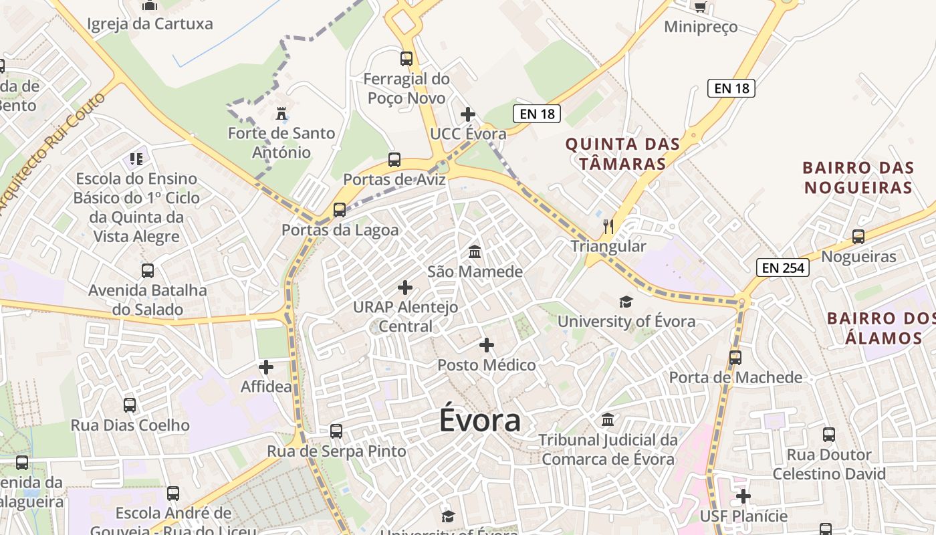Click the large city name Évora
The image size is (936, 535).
(480, 421)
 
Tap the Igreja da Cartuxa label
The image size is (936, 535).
(150, 24)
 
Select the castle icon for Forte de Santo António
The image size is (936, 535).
(281, 112)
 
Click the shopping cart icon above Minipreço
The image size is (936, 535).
(700, 7)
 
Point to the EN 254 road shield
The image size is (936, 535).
(783, 268)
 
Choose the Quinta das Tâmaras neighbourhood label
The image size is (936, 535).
(623, 154)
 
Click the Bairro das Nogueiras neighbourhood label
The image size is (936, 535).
(858, 177)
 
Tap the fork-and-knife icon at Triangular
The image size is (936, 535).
(608, 226)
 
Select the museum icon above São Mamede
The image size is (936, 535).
(475, 252)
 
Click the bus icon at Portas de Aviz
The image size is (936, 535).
(394, 160)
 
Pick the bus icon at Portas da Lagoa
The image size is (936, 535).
(340, 210)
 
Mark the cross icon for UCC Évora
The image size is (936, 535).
(468, 114)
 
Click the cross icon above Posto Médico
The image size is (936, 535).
(487, 345)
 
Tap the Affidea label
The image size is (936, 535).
(266, 387)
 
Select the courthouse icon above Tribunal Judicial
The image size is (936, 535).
(608, 420)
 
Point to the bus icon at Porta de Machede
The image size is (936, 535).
(735, 358)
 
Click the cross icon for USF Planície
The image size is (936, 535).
(743, 496)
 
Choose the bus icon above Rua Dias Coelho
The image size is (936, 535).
(130, 405)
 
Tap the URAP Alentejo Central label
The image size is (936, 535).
(406, 316)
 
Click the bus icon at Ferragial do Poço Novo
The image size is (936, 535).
(406, 59)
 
